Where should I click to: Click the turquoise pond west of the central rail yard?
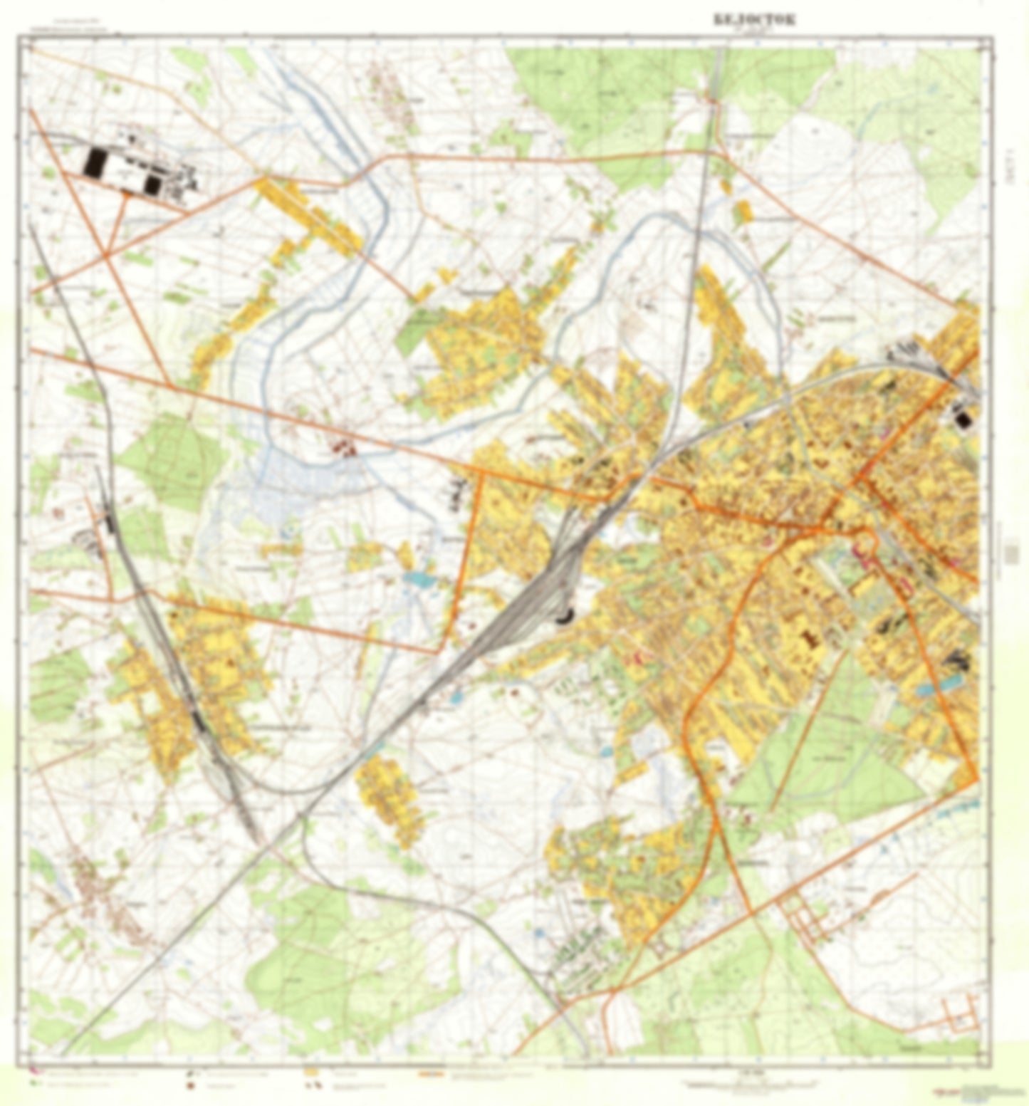419,580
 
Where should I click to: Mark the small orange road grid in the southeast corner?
961,1015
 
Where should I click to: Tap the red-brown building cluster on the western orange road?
345,448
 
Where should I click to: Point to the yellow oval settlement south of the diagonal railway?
389,798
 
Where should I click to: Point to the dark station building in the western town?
198,721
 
